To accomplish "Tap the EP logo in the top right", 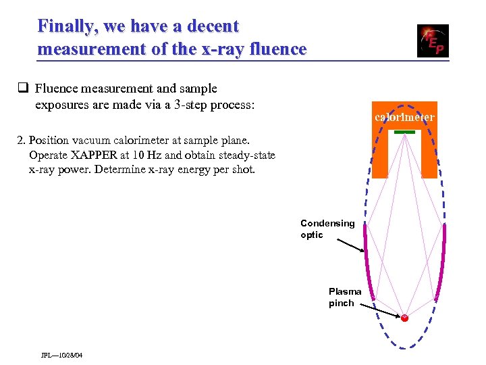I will click(x=432, y=41).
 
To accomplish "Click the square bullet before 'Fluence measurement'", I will click(x=22, y=89).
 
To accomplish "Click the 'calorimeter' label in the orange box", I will click(x=404, y=118).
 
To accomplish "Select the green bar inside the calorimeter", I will click(x=404, y=131).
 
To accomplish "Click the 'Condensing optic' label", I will click(x=327, y=229).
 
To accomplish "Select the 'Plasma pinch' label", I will click(x=345, y=297).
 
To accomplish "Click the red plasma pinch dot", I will click(x=405, y=318).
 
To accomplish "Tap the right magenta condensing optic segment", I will click(x=444, y=260).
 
